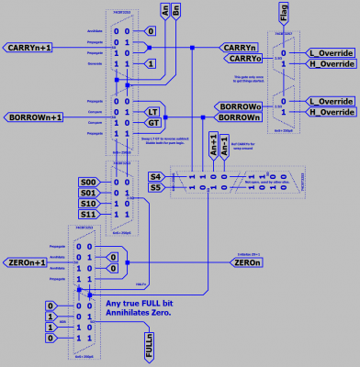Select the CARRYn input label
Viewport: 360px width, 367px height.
(239, 46)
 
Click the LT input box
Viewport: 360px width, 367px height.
(153, 110)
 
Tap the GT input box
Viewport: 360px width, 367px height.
(153, 122)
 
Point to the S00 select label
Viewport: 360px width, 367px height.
(87, 183)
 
